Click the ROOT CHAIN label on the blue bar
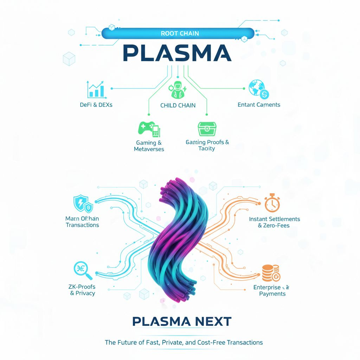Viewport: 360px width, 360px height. (180, 33)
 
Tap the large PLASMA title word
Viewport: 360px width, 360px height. (177, 54)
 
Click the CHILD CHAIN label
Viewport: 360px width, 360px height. (178, 105)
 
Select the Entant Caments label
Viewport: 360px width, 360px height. (259, 104)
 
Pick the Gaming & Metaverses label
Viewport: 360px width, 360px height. (149, 146)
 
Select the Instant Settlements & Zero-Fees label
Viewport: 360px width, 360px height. (274, 222)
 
